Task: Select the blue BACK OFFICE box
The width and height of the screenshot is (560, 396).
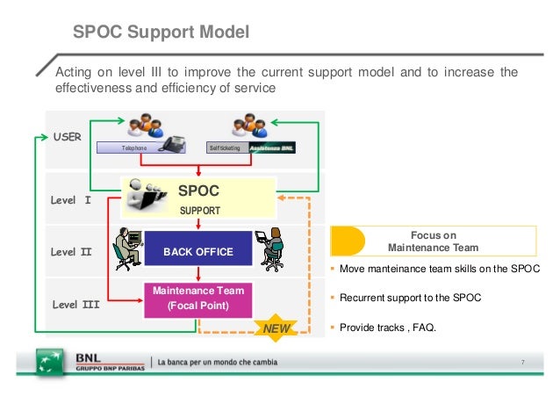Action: pos(197,252)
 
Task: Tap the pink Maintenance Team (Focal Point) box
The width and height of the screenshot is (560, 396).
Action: pos(198,298)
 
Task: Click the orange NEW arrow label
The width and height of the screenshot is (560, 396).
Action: pos(275,328)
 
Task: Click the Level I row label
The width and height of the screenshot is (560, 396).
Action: pos(71,200)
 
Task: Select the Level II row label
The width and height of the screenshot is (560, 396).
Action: pos(71,252)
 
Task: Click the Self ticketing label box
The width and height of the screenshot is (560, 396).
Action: pos(226,148)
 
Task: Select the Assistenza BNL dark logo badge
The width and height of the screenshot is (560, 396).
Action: pos(271,148)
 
